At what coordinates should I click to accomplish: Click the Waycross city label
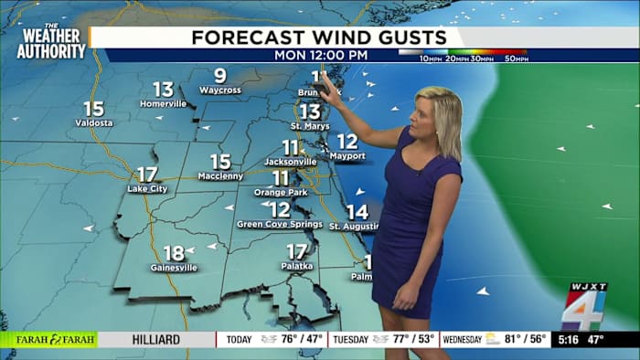219,90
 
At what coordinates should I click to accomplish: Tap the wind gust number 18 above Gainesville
173,253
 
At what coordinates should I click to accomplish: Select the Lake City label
147,189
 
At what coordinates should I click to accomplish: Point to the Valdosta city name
94,122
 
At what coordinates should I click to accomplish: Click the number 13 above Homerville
163,89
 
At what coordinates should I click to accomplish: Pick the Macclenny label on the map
220,176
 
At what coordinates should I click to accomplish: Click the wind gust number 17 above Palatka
296,250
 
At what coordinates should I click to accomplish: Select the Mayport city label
347,156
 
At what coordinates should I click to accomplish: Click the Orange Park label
280,192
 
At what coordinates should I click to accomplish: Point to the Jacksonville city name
290,162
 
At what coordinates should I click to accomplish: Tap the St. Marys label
310,125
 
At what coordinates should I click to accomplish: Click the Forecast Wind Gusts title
319,37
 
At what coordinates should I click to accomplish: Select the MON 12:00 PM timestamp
321,55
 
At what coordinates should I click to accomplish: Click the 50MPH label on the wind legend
515,59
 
